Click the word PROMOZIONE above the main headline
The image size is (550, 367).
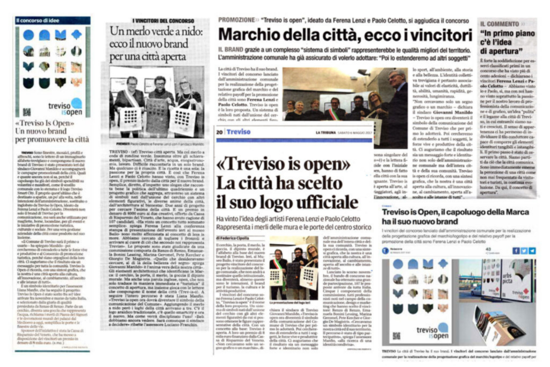237,19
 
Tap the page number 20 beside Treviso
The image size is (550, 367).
219,132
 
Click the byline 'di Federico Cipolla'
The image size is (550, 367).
234,237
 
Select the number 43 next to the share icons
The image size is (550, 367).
489,249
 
